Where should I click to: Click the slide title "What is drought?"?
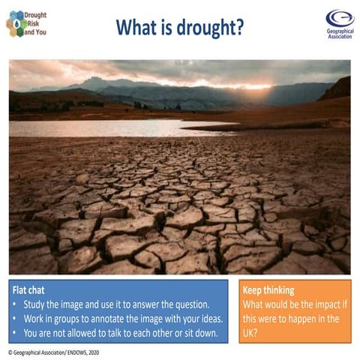click(x=179, y=28)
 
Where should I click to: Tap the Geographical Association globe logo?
click(x=339, y=19)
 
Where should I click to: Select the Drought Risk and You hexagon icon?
click(x=15, y=24)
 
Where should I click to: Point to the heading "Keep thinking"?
click(x=268, y=289)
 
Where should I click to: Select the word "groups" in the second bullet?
click(x=79, y=318)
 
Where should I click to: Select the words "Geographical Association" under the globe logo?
click(x=340, y=34)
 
